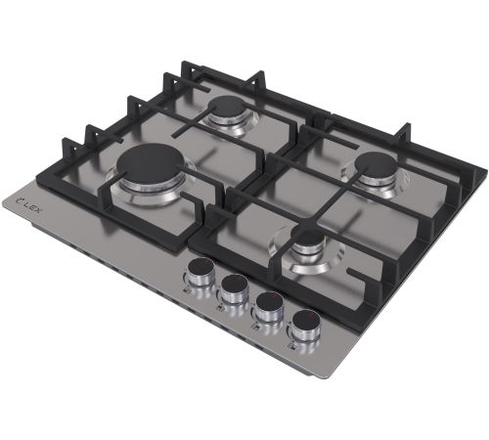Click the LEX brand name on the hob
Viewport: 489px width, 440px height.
coord(32,205)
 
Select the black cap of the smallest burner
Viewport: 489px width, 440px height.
coord(307,238)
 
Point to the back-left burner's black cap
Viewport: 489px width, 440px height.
coord(229,108)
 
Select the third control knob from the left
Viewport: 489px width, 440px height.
coord(268,304)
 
